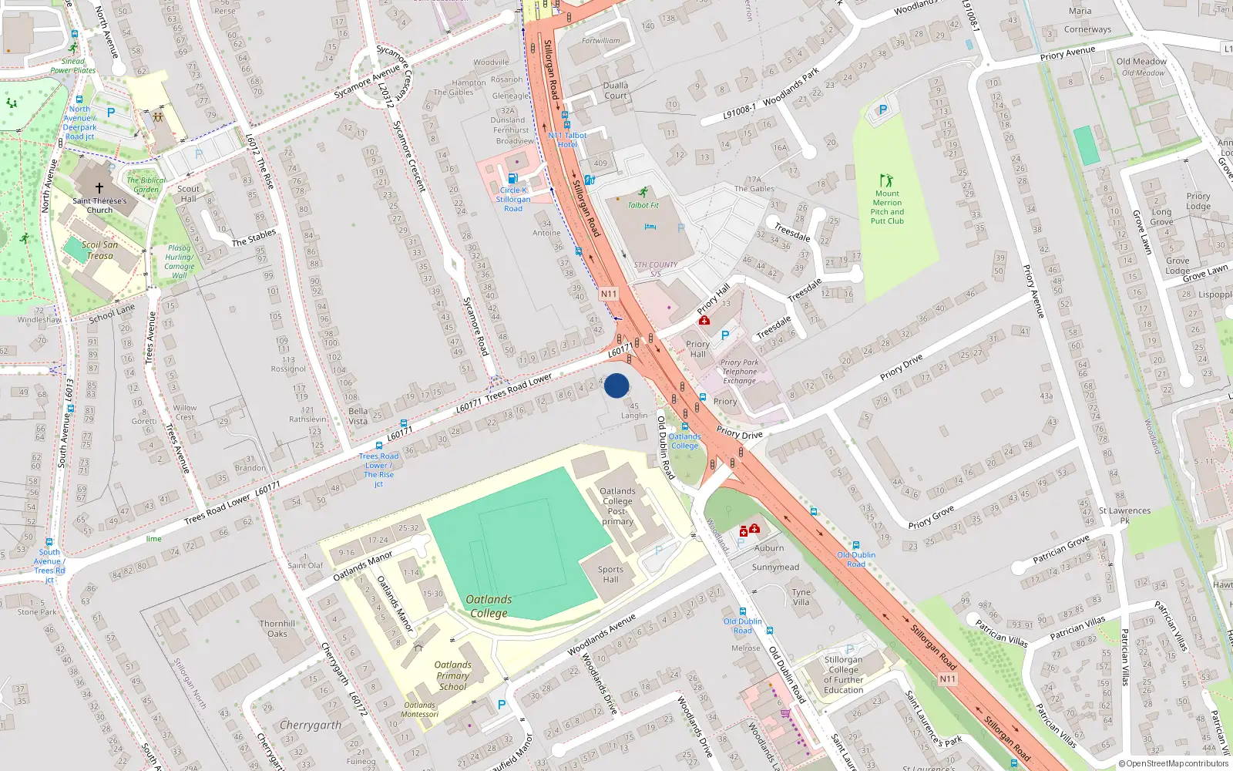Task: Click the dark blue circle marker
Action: pyautogui.click(x=616, y=385)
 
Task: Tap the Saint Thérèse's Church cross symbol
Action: pyautogui.click(x=99, y=187)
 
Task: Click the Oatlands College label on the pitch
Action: pyautogui.click(x=489, y=606)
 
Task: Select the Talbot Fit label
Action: pyautogui.click(x=643, y=205)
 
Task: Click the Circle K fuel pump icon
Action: pyautogui.click(x=512, y=178)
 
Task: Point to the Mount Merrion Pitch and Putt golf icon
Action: pyautogui.click(x=886, y=180)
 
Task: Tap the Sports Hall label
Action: pyautogui.click(x=610, y=574)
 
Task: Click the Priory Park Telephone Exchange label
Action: pyautogui.click(x=739, y=372)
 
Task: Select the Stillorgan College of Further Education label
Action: pyautogui.click(x=843, y=675)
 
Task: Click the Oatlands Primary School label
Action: pyautogui.click(x=452, y=675)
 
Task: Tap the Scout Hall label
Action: pyautogui.click(x=188, y=194)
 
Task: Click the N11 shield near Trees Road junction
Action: pyautogui.click(x=609, y=294)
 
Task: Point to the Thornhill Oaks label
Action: pyautogui.click(x=277, y=628)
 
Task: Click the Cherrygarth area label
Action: pyautogui.click(x=311, y=725)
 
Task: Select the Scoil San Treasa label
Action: pyautogui.click(x=100, y=250)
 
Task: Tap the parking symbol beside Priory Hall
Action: pyautogui.click(x=725, y=335)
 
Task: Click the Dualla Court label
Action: pyautogui.click(x=616, y=90)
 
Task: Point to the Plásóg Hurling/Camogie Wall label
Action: pyautogui.click(x=179, y=261)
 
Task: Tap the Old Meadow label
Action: pyautogui.click(x=1141, y=61)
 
